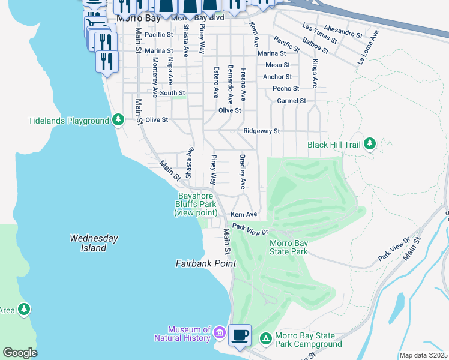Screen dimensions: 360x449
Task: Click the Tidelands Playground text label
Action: (68, 121)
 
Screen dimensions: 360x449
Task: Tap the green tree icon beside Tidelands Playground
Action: (119, 120)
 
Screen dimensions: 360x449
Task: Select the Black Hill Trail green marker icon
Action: (371, 144)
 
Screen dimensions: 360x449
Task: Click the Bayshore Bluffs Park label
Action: (196, 204)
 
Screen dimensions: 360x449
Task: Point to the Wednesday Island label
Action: (88, 242)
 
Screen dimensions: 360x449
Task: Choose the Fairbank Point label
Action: (205, 263)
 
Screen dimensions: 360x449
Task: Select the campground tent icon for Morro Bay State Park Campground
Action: (265, 340)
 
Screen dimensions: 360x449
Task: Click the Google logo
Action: (20, 353)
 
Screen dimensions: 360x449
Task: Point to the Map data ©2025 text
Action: (423, 355)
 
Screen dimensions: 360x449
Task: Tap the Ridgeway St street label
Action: (262, 131)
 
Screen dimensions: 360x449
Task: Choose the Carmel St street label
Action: (292, 101)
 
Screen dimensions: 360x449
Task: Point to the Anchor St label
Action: (277, 77)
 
